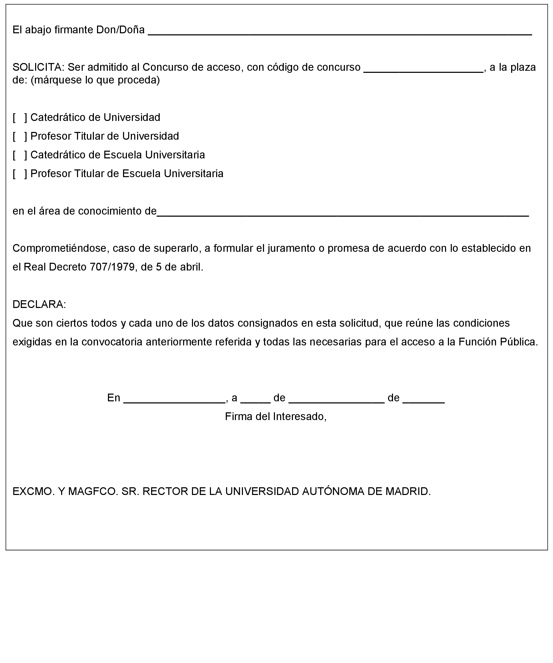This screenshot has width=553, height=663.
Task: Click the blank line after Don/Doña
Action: coord(340,31)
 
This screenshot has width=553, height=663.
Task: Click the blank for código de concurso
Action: coord(423,69)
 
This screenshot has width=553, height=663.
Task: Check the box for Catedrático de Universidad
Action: coord(20,118)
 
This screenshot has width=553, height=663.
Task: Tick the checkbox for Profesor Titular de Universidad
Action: coord(20,136)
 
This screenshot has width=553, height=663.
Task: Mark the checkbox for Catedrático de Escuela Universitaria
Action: coord(20,155)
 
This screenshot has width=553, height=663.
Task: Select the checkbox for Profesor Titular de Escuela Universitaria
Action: coord(20,173)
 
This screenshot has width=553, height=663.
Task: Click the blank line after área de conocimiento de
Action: coord(343,213)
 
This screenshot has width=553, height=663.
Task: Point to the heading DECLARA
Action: coord(39,304)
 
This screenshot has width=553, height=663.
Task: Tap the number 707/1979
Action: coord(112,267)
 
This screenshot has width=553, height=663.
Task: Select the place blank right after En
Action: coord(175,400)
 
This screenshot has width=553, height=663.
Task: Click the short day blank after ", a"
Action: coord(255,400)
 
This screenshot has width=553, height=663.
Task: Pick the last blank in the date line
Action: coord(423,400)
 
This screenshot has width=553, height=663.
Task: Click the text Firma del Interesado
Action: coord(275,417)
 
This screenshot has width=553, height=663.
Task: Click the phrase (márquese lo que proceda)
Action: coord(95,80)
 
